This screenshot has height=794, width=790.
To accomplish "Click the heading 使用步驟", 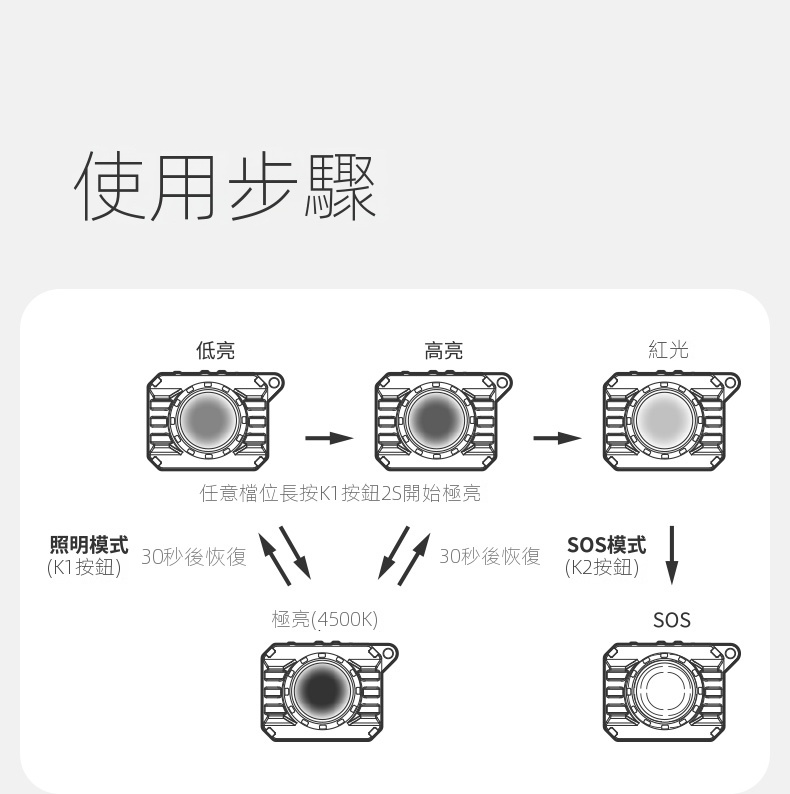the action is point(225,187).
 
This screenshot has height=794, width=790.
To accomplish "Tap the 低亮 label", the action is point(215,350).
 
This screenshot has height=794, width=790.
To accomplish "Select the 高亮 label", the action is point(444,350).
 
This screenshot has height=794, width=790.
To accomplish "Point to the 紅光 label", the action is point(668,350).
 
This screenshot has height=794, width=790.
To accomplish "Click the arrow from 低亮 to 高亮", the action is point(329,438).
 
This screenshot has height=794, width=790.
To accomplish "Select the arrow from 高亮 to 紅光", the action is point(558,438).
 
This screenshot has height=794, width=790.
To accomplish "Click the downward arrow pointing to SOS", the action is point(672,555).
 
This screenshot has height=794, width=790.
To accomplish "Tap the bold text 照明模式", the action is point(89,545).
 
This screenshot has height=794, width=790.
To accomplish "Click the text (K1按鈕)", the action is point(84,568).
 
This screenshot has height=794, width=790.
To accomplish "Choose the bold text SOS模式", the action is point(607,545).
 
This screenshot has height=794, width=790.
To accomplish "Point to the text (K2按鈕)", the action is point(602,568).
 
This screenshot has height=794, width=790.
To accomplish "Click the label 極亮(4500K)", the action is point(325,619).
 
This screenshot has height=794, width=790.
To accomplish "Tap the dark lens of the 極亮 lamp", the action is point(322,690).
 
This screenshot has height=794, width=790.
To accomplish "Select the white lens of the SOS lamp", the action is point(664,690).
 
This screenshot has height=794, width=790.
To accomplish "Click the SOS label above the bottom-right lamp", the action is point(672,620).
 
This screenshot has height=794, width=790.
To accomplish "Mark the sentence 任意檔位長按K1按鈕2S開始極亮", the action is point(340,493).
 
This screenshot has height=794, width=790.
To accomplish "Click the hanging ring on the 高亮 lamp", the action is point(501,381).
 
